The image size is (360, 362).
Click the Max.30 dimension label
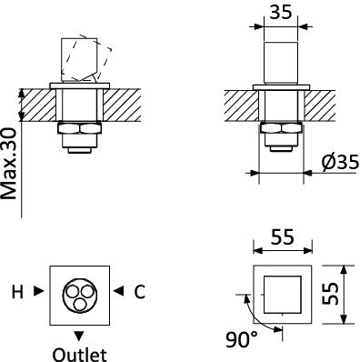(x=8, y=164)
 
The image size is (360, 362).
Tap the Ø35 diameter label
(x=340, y=162)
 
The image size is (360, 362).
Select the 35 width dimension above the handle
(x=281, y=13)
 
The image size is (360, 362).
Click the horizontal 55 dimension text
(x=283, y=237)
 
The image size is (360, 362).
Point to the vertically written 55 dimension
(x=330, y=294)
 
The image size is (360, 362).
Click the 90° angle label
(x=242, y=339)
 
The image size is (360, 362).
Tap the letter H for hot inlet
(x=17, y=292)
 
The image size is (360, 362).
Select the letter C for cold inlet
(x=139, y=292)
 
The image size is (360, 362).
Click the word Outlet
(x=80, y=355)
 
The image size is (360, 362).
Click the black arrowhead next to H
(x=38, y=291)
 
